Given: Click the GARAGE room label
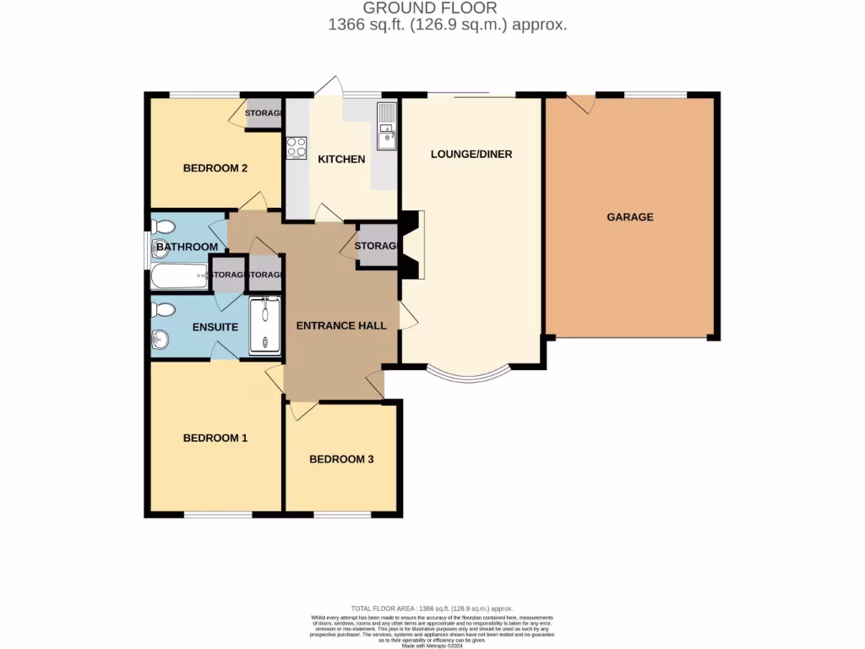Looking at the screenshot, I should tap(629, 217).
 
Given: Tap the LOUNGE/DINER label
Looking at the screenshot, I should tap(471, 154).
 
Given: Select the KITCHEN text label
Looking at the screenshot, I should tap(341, 159).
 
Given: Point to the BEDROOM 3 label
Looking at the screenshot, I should tap(341, 460).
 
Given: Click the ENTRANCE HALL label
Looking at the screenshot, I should tap(341, 325).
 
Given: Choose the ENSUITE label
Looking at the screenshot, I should tap(215, 327).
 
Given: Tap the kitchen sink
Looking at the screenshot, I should tap(386, 125).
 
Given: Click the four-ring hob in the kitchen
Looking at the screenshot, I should tap(296, 147).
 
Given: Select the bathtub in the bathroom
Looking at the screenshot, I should tap(179, 275).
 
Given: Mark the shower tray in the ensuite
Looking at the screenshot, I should tap(264, 324).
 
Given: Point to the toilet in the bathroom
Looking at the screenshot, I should tap(163, 226).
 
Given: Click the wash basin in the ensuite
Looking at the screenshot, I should tap(159, 341).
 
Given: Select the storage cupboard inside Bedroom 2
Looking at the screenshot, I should tap(263, 114).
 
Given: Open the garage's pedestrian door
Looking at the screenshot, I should tap(581, 103).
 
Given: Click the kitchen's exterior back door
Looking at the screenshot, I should tap(329, 88).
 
